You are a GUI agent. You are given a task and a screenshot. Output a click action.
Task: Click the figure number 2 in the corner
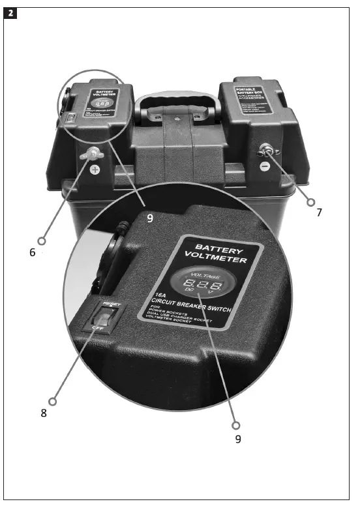[10, 12]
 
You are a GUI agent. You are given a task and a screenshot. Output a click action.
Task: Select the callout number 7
[319, 213]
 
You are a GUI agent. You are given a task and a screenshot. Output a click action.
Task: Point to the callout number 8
[44, 413]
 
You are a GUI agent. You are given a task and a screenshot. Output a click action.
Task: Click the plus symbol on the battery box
[95, 170]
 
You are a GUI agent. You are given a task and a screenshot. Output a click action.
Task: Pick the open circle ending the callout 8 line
[53, 400]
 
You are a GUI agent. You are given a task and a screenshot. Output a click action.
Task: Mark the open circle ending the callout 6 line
[43, 239]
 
